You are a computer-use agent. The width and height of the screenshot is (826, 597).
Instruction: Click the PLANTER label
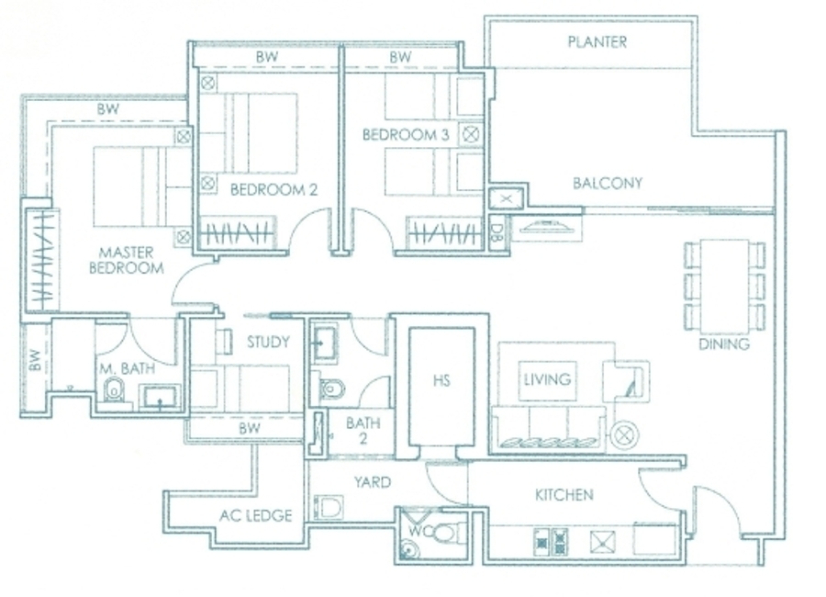tap(597, 41)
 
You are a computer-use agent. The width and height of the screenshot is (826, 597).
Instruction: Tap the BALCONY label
tap(608, 183)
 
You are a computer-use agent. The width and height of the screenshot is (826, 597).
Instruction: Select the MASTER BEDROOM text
tap(127, 261)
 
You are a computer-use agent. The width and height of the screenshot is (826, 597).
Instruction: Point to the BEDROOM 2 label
tap(273, 190)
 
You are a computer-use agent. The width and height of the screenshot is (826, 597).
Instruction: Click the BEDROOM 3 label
tap(406, 135)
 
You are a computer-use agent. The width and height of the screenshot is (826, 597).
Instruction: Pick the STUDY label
tap(268, 343)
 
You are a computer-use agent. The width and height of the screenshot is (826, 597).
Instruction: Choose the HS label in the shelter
tap(441, 380)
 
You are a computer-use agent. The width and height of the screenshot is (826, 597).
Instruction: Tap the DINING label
tap(724, 344)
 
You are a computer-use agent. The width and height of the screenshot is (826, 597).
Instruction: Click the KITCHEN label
tap(564, 495)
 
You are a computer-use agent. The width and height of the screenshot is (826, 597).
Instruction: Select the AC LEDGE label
tap(256, 515)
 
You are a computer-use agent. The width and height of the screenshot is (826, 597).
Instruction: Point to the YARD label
tap(373, 482)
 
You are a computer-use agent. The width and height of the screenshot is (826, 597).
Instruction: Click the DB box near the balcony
tap(496, 232)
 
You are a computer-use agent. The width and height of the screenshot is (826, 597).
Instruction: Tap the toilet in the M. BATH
tap(113, 390)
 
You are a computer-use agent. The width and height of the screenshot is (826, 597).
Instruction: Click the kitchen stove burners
tap(551, 542)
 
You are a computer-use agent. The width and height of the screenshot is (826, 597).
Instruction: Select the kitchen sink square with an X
tap(603, 542)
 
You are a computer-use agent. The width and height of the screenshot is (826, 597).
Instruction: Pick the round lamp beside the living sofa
tap(625, 435)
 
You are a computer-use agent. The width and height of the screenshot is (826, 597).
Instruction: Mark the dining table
tap(725, 286)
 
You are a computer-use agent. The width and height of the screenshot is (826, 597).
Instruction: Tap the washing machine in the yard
tap(329, 507)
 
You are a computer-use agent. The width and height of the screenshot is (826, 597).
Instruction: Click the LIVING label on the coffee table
tap(547, 379)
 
